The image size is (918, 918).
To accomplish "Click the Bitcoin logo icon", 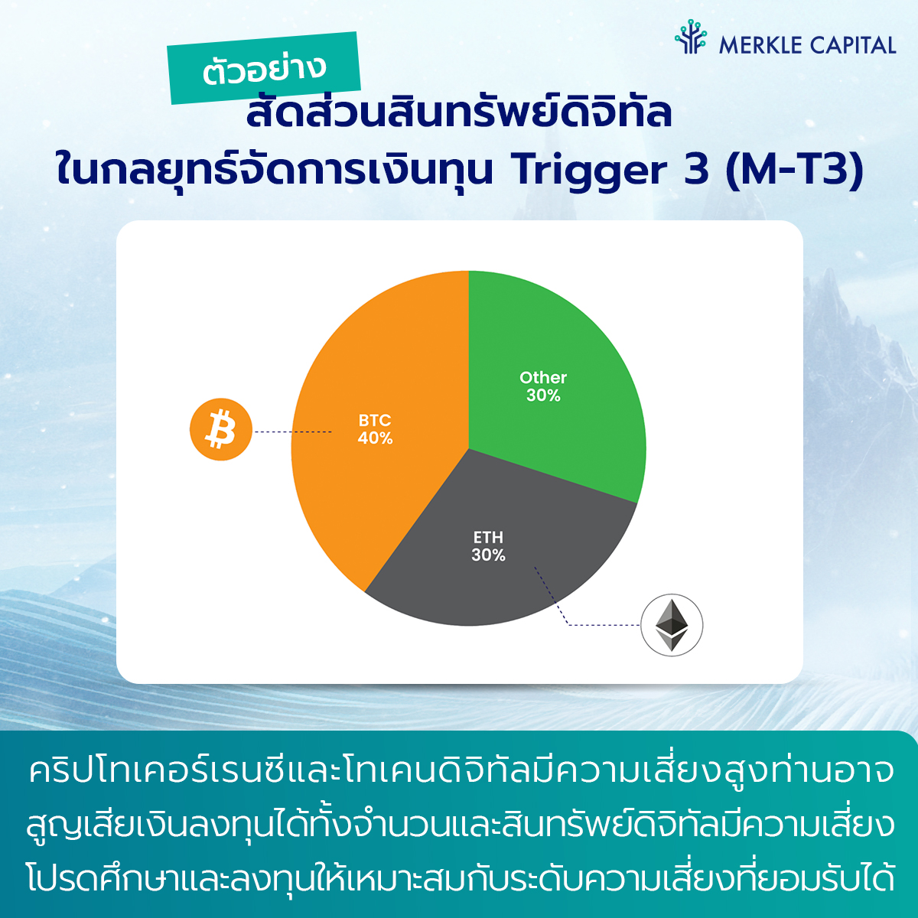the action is [221, 429].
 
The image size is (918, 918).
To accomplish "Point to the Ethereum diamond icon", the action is [672, 625].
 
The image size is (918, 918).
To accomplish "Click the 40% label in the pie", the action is [376, 438].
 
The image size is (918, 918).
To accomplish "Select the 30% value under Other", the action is [543, 396].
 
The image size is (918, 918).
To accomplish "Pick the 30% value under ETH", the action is [488, 555].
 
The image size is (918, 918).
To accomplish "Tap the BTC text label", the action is [375, 420].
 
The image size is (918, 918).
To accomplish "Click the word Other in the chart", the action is [543, 378].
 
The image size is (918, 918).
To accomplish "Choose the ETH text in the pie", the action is [488, 537].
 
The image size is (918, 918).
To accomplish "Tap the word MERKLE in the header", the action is [760, 46].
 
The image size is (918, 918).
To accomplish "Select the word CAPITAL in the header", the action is [853, 46].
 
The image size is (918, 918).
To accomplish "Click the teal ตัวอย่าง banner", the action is [264, 67].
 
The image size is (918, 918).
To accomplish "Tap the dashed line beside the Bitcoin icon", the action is [292, 431].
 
